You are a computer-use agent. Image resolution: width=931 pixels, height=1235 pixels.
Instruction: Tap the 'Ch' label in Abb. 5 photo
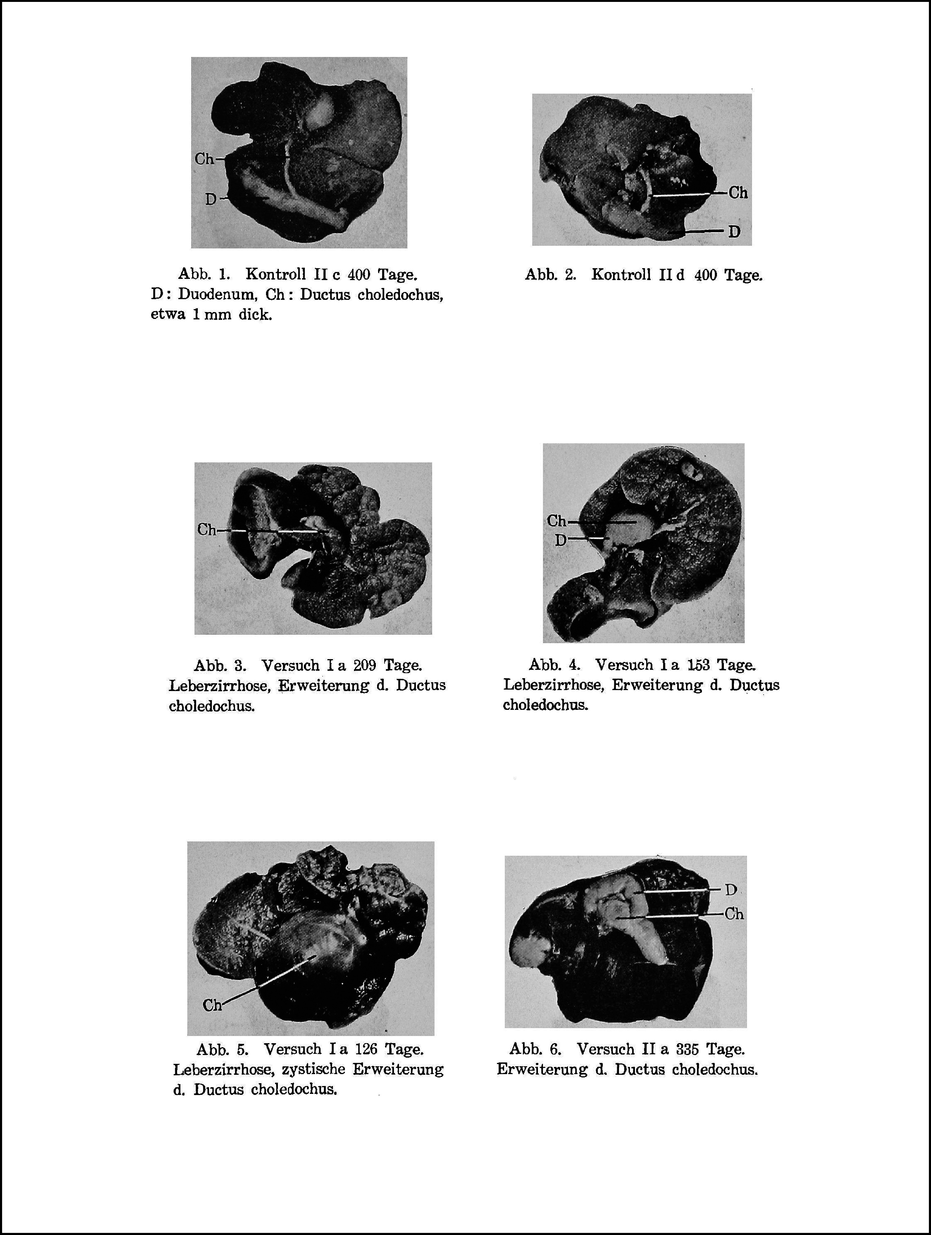(x=212, y=1005)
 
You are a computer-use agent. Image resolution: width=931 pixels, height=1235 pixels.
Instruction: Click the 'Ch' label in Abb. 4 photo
(x=557, y=521)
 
